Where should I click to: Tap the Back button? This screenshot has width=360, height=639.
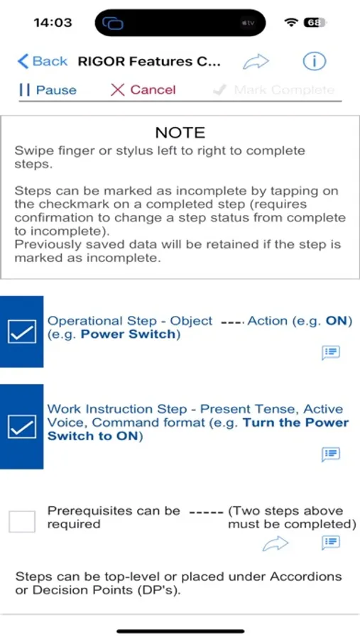(x=42, y=62)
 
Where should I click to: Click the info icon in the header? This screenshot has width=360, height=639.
(x=314, y=62)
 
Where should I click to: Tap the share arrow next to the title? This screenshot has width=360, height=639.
(x=256, y=62)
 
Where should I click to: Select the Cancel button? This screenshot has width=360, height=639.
(x=143, y=90)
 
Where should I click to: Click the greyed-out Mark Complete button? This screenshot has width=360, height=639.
(x=273, y=90)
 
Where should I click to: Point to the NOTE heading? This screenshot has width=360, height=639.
(x=180, y=133)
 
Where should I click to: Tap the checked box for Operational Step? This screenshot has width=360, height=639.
(x=21, y=332)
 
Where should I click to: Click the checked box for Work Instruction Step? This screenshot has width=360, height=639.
(x=21, y=427)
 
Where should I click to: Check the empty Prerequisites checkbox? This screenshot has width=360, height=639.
(x=22, y=521)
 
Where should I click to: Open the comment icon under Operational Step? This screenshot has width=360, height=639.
(x=331, y=352)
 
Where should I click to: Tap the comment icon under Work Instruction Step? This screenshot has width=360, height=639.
(x=331, y=454)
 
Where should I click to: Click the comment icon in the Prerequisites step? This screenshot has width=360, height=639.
(x=331, y=542)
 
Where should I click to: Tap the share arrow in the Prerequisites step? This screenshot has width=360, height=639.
(x=276, y=543)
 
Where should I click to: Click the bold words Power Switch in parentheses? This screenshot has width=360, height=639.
(x=129, y=334)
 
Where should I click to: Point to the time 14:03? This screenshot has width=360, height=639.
(x=53, y=23)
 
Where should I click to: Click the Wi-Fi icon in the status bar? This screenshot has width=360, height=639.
(x=291, y=23)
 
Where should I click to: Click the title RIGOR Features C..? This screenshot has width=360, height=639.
(x=149, y=62)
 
